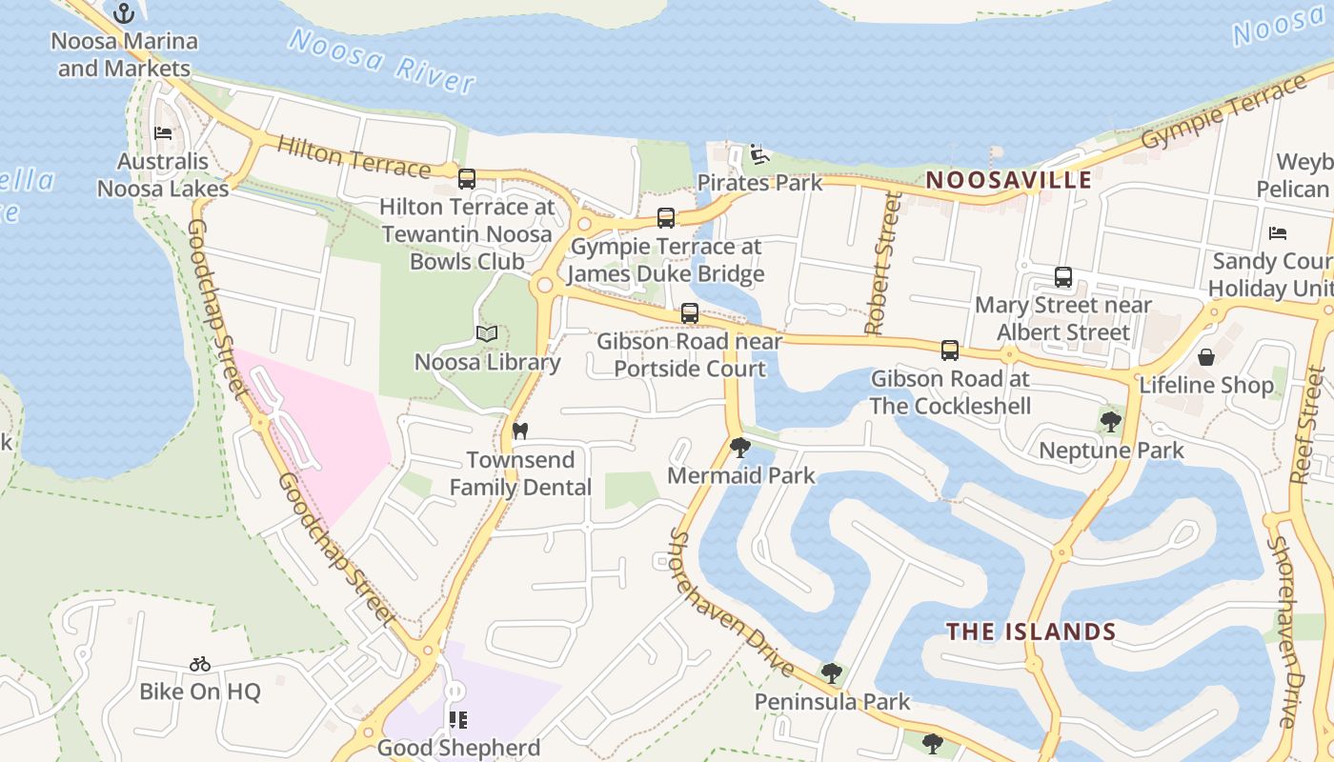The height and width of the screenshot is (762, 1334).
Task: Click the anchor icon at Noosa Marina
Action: [124, 13]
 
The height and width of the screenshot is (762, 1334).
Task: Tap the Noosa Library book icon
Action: [487, 334]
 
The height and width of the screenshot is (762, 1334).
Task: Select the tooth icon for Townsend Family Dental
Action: [519, 431]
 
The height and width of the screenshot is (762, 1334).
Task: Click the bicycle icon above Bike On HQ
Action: [199, 664]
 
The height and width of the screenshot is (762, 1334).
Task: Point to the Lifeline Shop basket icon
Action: [1206, 357]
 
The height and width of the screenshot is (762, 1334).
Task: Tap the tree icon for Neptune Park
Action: [1110, 421]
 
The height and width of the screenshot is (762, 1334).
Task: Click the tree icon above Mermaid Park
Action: [739, 447]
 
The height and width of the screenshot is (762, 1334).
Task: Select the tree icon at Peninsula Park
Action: [832, 673]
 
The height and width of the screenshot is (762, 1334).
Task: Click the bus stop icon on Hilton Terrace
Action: [467, 178]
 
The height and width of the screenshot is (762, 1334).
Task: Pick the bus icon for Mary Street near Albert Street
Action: [1063, 277]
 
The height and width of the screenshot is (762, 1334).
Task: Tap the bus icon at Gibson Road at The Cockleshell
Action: [950, 350]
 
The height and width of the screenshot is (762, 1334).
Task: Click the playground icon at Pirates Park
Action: [758, 154]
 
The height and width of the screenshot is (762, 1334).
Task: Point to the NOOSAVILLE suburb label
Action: [1008, 180]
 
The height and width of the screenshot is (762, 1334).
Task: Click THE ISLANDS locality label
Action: [1030, 632]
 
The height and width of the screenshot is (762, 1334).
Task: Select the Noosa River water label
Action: [381, 59]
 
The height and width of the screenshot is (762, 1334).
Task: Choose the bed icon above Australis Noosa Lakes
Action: [163, 132]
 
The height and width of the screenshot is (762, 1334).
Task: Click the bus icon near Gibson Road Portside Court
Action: [689, 313]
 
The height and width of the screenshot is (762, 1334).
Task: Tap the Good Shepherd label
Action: [458, 748]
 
